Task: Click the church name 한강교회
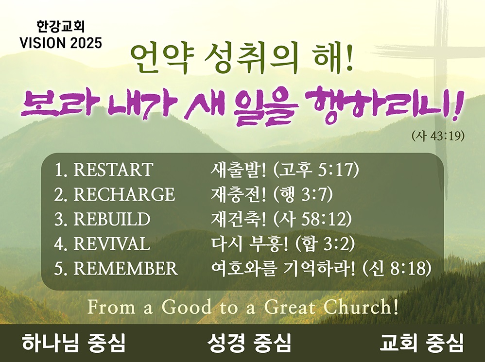coord(61,27)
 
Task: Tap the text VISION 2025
coord(61,43)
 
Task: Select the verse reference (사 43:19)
coord(438,136)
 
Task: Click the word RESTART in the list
coord(113,170)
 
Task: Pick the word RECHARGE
coord(124,194)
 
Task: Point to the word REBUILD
coord(112,219)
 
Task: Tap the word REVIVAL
coord(112,243)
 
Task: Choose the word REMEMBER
coord(125,268)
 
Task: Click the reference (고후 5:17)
coord(316,170)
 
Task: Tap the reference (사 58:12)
coord(313,219)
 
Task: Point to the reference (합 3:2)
coord(325,244)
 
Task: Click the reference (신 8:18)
coord(397,269)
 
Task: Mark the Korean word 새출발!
coord(238,170)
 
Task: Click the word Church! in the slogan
coord(361,307)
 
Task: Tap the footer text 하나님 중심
coord(73,343)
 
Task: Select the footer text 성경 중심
coord(249,343)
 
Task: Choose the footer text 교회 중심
coord(422,343)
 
